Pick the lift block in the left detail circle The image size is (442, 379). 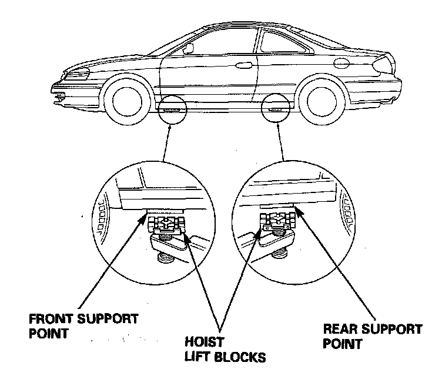click(x=168, y=225)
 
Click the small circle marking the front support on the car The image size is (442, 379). click(x=172, y=109)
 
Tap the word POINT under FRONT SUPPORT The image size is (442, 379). click(x=48, y=334)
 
